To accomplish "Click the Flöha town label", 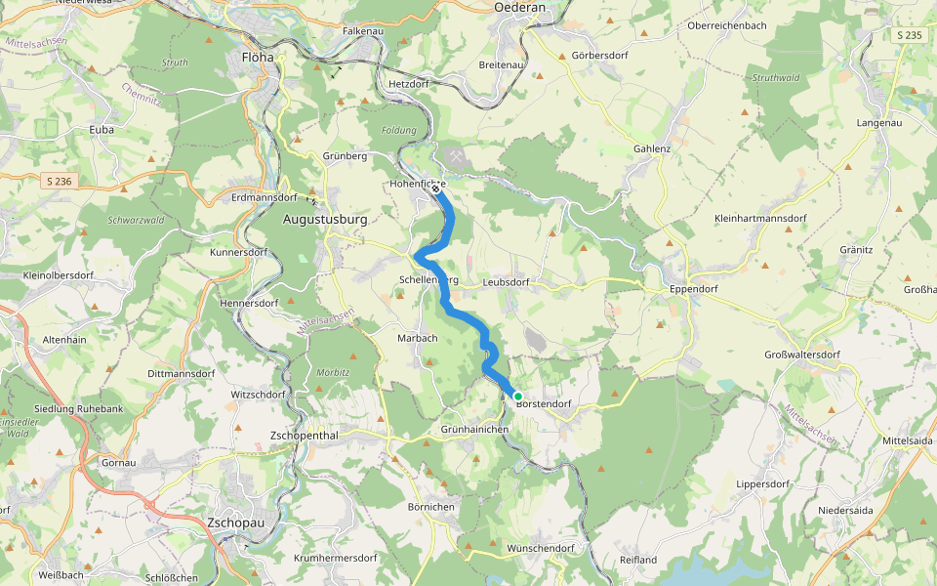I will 258,57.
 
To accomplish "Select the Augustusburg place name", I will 324,220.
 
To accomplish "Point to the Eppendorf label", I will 695,290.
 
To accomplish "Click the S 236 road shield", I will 60,181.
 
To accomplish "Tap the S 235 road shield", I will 908,35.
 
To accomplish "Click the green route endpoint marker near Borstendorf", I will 518,396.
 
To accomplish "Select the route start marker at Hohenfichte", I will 435,189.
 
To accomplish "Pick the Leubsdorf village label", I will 506,282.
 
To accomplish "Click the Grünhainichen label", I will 475,429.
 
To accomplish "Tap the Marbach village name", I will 418,338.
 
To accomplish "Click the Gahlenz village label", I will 652,148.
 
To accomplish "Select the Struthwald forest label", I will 776,77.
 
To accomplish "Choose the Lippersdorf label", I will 762,483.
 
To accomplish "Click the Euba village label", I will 102,129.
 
